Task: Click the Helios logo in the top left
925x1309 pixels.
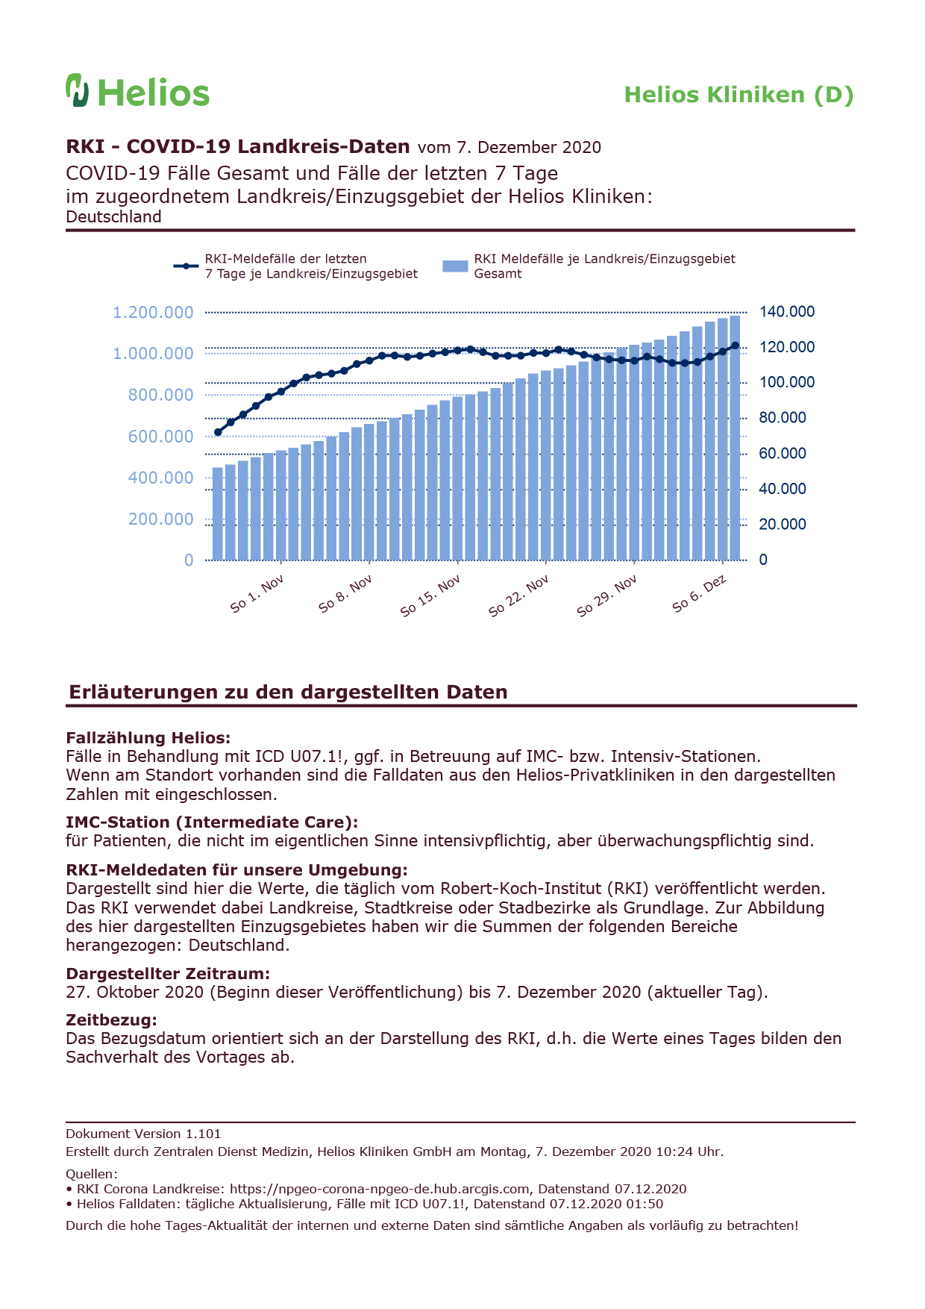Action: tap(138, 90)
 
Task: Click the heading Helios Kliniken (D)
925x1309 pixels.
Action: tap(739, 95)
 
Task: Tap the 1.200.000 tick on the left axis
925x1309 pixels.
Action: tap(153, 313)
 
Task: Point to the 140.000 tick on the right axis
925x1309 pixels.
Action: tap(787, 312)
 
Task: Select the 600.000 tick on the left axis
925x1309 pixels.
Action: tap(160, 437)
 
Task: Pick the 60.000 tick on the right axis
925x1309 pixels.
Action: tap(783, 454)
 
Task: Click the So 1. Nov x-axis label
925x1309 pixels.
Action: tap(257, 594)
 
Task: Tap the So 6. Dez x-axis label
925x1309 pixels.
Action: tap(700, 594)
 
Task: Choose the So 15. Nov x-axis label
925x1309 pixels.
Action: tap(430, 596)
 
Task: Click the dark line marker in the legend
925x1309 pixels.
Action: tap(186, 266)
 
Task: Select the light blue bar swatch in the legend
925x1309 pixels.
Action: tap(455, 266)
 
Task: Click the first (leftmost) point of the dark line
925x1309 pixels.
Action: tap(218, 432)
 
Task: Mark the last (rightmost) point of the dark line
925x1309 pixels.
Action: tap(736, 346)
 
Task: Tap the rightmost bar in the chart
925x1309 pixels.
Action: tap(735, 437)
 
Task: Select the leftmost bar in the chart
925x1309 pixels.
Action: tap(218, 513)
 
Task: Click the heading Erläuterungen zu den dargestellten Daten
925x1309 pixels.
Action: tap(288, 692)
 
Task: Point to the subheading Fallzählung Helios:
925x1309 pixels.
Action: tap(148, 738)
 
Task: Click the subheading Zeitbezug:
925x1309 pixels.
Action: tap(112, 1019)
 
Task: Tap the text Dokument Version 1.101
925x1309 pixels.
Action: tap(143, 1134)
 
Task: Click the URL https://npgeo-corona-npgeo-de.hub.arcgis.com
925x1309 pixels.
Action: tap(380, 1189)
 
